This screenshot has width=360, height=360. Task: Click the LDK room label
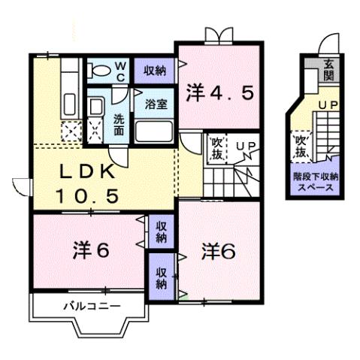pyautogui.click(x=92, y=171)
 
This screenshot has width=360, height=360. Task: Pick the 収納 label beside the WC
pyautogui.click(x=155, y=71)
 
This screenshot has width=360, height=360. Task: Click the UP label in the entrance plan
pyautogui.click(x=328, y=106)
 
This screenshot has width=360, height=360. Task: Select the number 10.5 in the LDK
pyautogui.click(x=87, y=196)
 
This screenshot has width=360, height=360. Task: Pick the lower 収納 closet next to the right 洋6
pyautogui.click(x=162, y=276)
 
